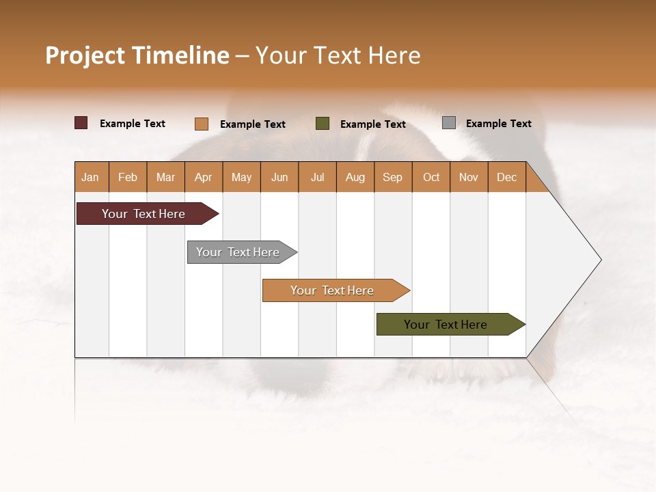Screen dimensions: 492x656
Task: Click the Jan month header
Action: tap(90, 178)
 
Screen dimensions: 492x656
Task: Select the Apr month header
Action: tap(203, 178)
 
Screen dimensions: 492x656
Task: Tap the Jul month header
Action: tap(317, 178)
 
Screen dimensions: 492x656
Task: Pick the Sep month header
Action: tap(392, 178)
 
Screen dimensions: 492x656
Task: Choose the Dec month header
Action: tap(506, 178)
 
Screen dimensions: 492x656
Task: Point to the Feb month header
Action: tap(128, 178)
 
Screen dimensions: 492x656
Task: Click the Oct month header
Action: tap(431, 178)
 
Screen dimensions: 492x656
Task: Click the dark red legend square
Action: tap(81, 123)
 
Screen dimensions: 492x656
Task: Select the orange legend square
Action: tap(201, 124)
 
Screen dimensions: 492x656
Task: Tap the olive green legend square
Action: tap(323, 124)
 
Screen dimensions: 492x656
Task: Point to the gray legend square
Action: tap(448, 123)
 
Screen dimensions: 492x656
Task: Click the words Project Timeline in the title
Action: tap(137, 55)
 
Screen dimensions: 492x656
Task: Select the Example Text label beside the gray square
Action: tap(498, 124)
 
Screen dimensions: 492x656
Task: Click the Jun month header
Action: tap(279, 178)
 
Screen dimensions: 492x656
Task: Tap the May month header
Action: tap(241, 178)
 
